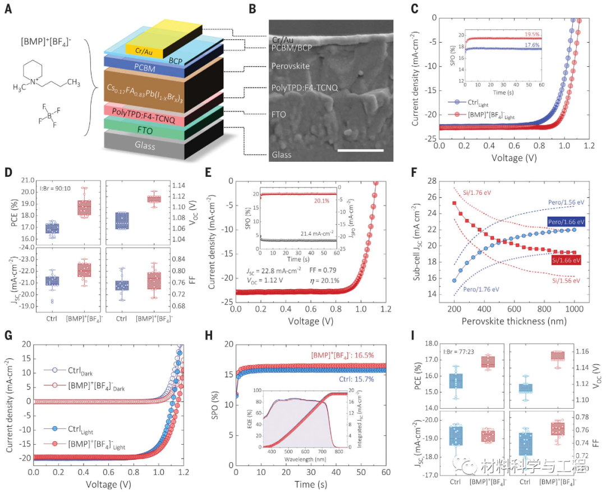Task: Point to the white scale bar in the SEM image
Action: point(361,150)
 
